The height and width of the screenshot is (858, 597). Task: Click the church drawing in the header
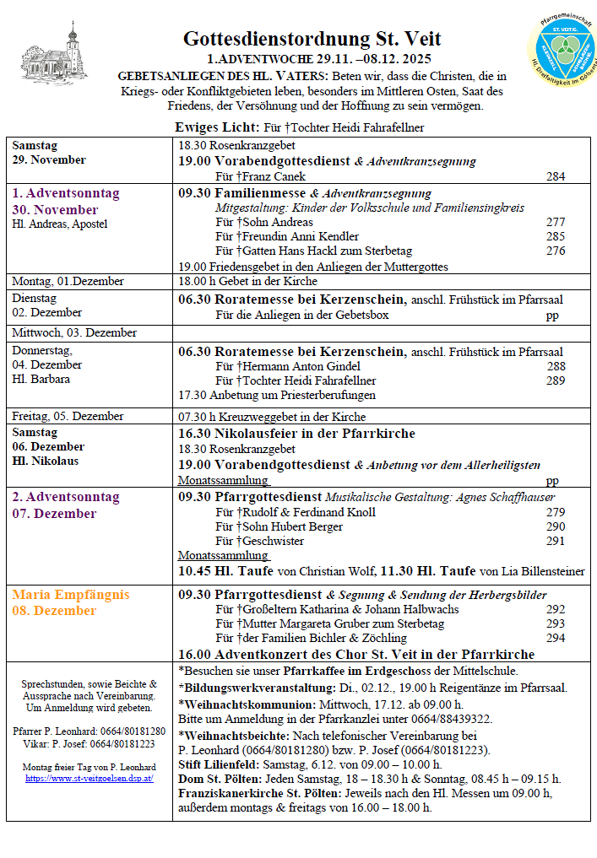click(67, 54)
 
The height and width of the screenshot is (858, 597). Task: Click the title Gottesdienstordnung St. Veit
click(312, 39)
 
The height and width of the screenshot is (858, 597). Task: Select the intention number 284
click(556, 176)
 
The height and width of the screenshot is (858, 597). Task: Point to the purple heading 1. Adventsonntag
click(66, 193)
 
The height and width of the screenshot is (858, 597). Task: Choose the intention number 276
click(556, 251)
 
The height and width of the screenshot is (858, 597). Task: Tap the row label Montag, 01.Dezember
click(68, 281)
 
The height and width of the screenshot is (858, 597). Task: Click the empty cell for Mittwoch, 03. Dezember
click(380, 333)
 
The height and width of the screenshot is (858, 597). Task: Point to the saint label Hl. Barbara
click(41, 379)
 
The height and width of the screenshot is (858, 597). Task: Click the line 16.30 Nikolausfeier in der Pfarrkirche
click(296, 434)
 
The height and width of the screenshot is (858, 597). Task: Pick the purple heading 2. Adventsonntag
click(66, 497)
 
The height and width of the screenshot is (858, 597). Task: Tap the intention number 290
click(556, 526)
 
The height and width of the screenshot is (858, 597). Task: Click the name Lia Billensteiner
click(535, 571)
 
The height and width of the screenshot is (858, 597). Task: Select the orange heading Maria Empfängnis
click(71, 594)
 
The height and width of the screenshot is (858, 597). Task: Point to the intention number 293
click(556, 623)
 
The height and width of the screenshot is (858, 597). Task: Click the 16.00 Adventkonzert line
click(355, 654)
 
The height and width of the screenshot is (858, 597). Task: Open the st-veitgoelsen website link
click(89, 778)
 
